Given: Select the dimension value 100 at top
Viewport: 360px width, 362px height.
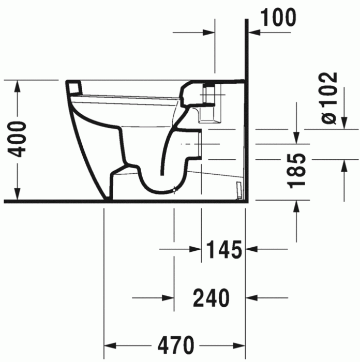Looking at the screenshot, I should coord(278,18).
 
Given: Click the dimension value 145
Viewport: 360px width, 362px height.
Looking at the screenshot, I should coord(224,250).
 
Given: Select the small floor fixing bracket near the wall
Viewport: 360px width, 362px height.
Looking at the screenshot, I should coord(238,189).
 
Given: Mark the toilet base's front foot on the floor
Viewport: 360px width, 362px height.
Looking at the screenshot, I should coord(108,198).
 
